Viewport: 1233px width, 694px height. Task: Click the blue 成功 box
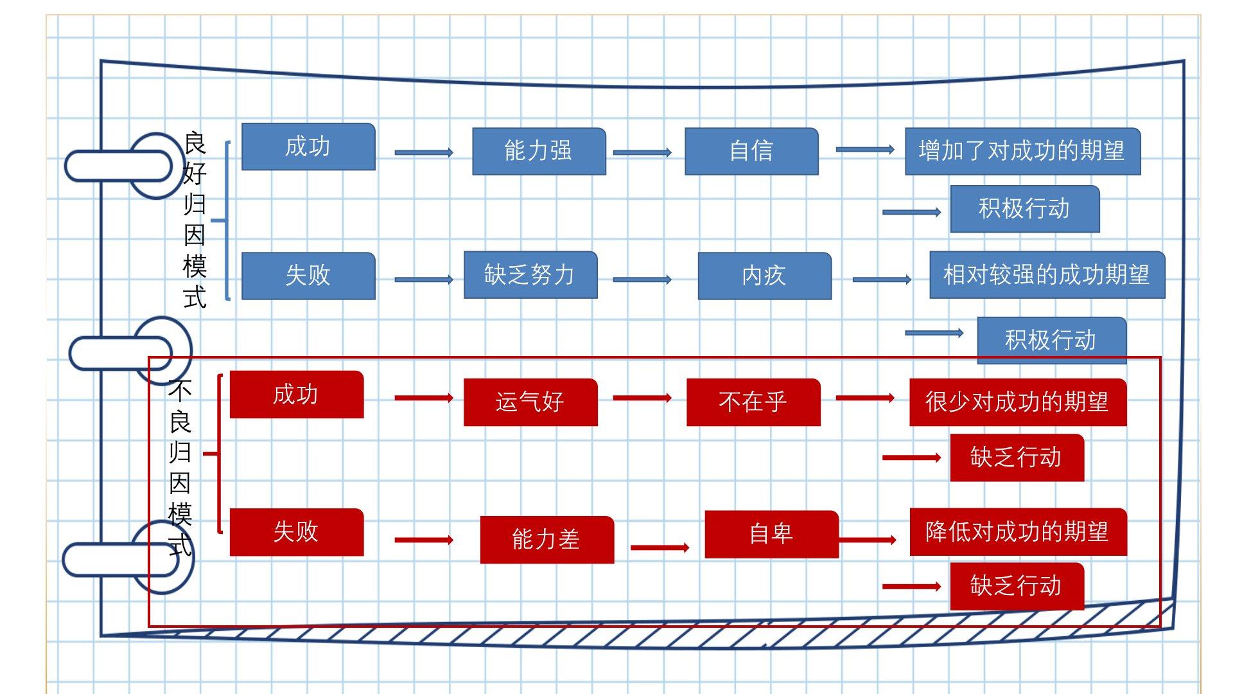point(308,147)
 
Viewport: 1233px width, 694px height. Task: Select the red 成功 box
point(296,395)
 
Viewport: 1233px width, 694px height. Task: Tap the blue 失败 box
point(308,276)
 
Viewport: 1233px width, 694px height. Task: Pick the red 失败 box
point(296,532)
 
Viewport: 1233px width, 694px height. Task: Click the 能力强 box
point(539,151)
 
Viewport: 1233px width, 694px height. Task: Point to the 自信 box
point(751,151)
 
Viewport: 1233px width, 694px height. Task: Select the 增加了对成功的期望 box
point(1022,151)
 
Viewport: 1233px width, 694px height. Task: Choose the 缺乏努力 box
point(530,275)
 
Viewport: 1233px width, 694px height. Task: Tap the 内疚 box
point(764,276)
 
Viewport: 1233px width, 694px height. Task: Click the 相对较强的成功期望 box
point(1047,275)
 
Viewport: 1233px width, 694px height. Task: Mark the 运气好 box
point(530,402)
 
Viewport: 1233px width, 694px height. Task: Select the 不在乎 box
point(753,402)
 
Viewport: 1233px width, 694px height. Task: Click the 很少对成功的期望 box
point(1017,402)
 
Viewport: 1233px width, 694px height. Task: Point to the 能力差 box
point(547,540)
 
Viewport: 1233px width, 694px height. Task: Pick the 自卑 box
point(771,534)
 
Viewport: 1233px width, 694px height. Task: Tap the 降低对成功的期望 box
point(1018,532)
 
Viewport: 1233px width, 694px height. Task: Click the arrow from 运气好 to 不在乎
point(642,398)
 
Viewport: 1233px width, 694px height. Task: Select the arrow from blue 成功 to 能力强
point(423,152)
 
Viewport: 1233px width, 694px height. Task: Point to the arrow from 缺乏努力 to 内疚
point(642,280)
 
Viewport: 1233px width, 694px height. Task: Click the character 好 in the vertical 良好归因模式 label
point(195,173)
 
